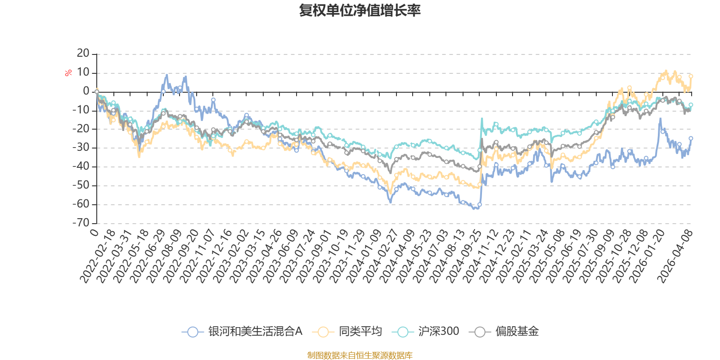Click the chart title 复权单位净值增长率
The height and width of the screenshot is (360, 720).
pyautogui.click(x=360, y=10)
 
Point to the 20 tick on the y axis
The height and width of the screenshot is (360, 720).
pyautogui.click(x=83, y=54)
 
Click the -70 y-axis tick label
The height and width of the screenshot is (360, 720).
pyautogui.click(x=81, y=223)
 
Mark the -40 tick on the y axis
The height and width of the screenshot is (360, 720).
pyautogui.click(x=81, y=166)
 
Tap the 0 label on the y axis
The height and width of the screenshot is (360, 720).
pyautogui.click(x=86, y=91)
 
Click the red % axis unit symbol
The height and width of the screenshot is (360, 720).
pyautogui.click(x=68, y=73)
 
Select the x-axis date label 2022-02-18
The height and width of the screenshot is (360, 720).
pyautogui.click(x=98, y=256)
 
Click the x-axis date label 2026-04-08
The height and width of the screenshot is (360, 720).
pyautogui.click(x=675, y=256)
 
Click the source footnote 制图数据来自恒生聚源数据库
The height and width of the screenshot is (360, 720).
pyautogui.click(x=360, y=355)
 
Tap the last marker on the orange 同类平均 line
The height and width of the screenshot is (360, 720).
pyautogui.click(x=691, y=76)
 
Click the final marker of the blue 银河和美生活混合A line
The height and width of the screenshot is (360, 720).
pyautogui.click(x=691, y=138)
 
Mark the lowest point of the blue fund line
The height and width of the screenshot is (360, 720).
pyautogui.click(x=475, y=209)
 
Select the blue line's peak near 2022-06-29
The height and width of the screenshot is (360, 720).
pyautogui.click(x=167, y=75)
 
